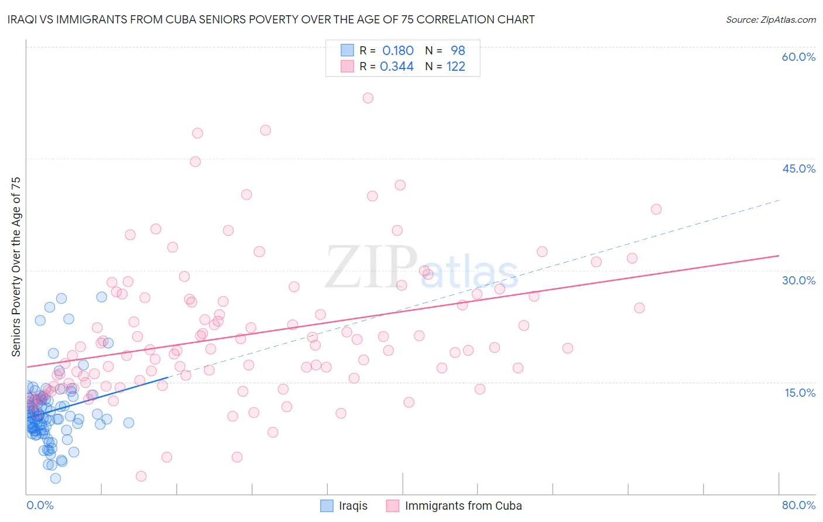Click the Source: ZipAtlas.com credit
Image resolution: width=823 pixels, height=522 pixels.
(770, 19)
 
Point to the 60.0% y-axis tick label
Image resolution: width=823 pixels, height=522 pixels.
(798, 57)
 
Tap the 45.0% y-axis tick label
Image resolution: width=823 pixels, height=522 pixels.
(798, 169)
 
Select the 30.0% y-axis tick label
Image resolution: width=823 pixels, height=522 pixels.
(798, 280)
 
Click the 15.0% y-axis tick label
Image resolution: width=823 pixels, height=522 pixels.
(800, 392)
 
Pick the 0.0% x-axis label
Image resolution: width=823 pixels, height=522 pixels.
(40, 505)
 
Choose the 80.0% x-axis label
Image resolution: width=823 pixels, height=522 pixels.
(798, 505)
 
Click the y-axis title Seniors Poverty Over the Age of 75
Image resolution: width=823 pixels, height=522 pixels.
(16, 266)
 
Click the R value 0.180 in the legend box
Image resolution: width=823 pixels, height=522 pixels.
(397, 51)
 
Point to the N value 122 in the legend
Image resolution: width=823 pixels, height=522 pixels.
(455, 67)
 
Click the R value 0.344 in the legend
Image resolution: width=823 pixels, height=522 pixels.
(397, 67)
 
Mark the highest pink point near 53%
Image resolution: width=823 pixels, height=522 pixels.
(368, 98)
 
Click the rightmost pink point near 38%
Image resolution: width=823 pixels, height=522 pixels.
(656, 209)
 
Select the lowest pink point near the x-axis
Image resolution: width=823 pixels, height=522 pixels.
(141, 476)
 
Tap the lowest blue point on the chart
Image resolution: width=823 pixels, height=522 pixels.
(56, 478)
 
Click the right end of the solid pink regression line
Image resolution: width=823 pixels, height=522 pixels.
(779, 256)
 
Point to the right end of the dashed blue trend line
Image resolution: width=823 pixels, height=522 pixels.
(779, 200)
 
